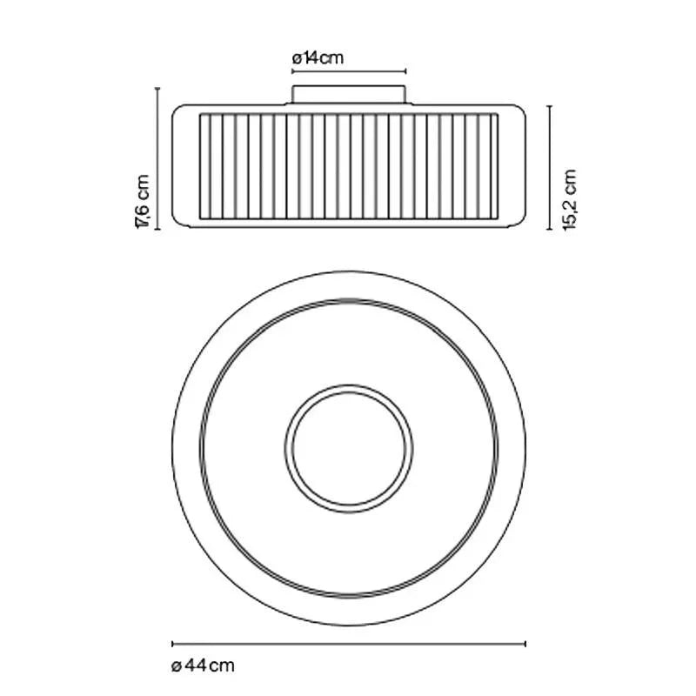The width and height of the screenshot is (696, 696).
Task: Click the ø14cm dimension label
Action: tap(318, 58)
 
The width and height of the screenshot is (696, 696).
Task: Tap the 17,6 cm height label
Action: tap(143, 202)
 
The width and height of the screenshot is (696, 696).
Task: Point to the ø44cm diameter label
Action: tap(203, 666)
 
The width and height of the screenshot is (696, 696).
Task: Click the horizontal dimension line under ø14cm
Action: tap(349, 71)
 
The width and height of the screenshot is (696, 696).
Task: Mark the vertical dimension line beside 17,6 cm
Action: tap(157, 159)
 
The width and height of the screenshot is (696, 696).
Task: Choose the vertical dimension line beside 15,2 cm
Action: tap(550, 168)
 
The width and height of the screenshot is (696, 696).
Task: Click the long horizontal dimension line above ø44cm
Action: tap(349, 644)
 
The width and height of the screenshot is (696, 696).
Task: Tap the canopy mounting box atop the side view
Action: tap(349, 95)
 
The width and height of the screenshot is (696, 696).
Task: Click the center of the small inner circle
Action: tap(349, 448)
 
